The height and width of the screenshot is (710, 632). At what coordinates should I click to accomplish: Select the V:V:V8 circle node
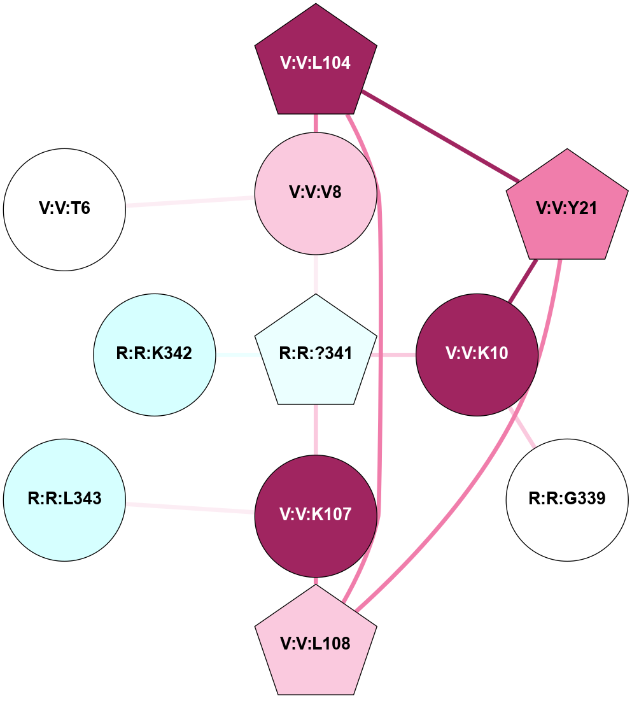(316, 193)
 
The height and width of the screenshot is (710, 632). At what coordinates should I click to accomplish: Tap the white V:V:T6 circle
(64, 209)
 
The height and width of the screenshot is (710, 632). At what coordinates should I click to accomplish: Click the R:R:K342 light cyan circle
(155, 354)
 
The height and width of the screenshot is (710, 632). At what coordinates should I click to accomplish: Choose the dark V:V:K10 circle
(477, 354)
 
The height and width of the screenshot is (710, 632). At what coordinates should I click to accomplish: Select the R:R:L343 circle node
(64, 499)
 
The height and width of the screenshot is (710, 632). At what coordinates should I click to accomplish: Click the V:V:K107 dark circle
(316, 515)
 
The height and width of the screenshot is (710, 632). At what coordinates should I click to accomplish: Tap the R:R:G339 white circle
(566, 499)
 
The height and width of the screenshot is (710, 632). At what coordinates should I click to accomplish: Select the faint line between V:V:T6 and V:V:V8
(190, 202)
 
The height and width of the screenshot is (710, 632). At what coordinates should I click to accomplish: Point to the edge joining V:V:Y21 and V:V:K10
(523, 280)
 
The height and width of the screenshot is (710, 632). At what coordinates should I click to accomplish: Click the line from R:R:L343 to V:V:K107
(190, 508)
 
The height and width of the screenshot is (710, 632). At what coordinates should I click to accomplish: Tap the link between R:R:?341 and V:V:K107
(316, 430)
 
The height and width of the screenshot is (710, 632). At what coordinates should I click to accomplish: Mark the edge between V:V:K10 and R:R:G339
(523, 427)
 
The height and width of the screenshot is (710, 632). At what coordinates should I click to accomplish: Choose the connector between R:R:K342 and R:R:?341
(235, 354)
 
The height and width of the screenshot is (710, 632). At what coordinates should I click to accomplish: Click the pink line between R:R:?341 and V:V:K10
(395, 354)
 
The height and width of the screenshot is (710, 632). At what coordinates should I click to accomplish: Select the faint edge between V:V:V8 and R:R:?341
(316, 274)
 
